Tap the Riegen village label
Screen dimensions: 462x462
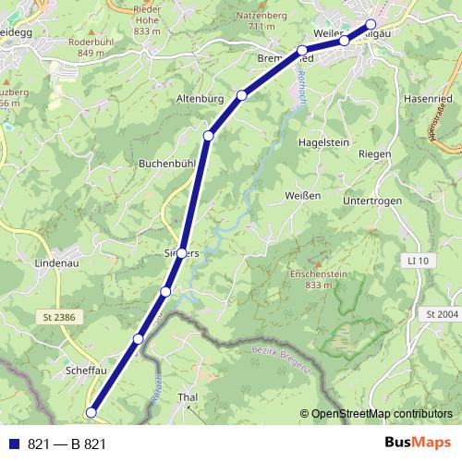click(x=373, y=153)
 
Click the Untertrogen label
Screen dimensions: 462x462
click(x=375, y=201)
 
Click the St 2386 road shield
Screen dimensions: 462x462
click(x=57, y=316)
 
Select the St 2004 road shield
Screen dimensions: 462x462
click(x=443, y=315)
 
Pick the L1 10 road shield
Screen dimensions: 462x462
click(x=419, y=262)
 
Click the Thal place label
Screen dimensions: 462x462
click(x=188, y=397)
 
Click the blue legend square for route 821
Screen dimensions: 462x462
click(x=14, y=444)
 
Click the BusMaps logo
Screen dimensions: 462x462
click(x=418, y=444)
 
